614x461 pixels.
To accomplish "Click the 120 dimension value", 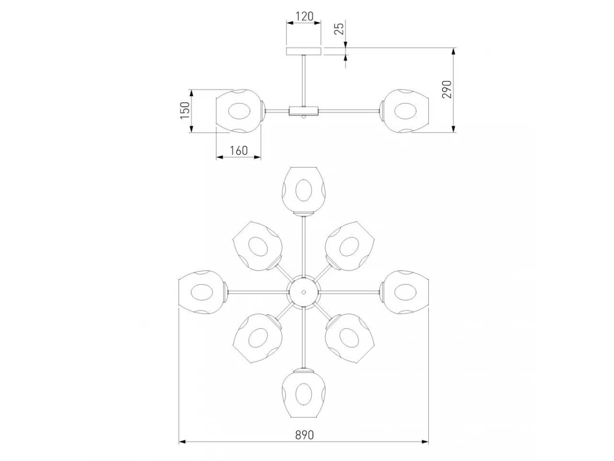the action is coord(304,16).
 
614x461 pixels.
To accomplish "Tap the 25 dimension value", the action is coord(339,29).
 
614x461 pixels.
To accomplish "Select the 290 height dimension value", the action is coord(447,89).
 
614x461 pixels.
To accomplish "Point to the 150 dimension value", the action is coord(185,110).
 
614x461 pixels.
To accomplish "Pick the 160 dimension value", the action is coord(238,151).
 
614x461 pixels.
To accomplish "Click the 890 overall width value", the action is coord(304,435).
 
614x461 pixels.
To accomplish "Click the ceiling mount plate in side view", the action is coord(303,51).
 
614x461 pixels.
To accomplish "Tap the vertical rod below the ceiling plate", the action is coord(303,80).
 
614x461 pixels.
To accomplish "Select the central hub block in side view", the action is coord(303,111).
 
